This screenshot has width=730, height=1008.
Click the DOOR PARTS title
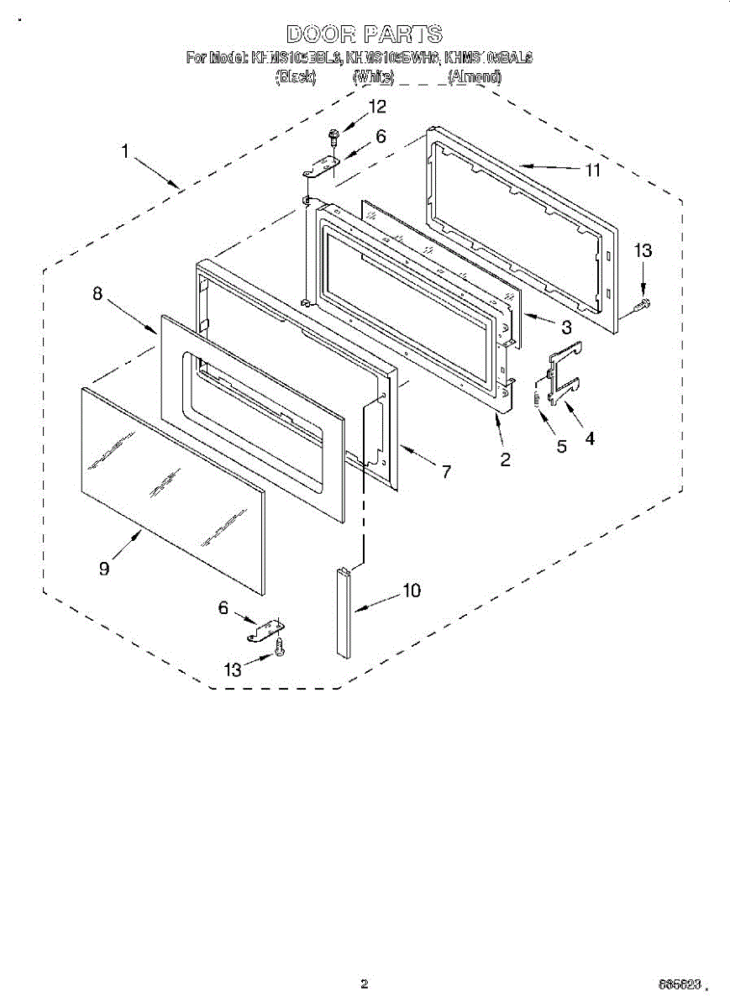[x=364, y=34]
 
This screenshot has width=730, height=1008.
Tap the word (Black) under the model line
[x=296, y=76]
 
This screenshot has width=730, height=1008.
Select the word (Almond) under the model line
[x=475, y=76]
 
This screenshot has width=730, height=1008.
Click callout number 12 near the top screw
[x=377, y=107]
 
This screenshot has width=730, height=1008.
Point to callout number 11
[x=593, y=170]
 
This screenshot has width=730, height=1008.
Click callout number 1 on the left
[x=124, y=152]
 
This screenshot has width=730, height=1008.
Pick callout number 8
[x=97, y=293]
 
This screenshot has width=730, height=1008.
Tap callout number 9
[x=104, y=569]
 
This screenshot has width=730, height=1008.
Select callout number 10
[x=411, y=591]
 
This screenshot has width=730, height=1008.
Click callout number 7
[x=446, y=472]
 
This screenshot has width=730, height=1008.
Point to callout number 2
[x=506, y=459]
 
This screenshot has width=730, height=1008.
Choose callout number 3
[x=566, y=327]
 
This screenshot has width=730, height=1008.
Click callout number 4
[x=591, y=438]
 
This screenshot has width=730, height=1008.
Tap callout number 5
[x=562, y=446]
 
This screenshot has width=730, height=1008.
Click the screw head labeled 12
[x=333, y=133]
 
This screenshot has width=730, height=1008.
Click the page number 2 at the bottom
[x=364, y=984]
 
